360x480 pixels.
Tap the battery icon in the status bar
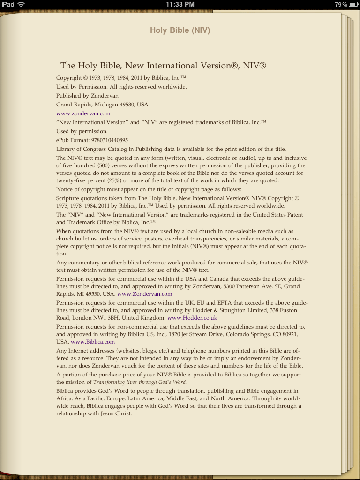pyautogui.click(x=353, y=4)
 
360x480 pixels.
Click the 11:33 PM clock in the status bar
pyautogui.click(x=180, y=4)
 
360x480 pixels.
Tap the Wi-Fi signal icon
pyautogui.click(x=22, y=4)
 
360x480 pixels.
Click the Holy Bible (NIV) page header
pyautogui.click(x=180, y=30)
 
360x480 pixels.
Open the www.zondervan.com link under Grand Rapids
pyautogui.click(x=83, y=113)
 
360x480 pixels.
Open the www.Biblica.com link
pyautogui.click(x=93, y=342)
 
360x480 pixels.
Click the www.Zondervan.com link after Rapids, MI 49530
pyautogui.click(x=144, y=294)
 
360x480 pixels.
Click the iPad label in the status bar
pyautogui.click(x=8, y=4)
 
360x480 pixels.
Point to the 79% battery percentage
pyautogui.click(x=341, y=4)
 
